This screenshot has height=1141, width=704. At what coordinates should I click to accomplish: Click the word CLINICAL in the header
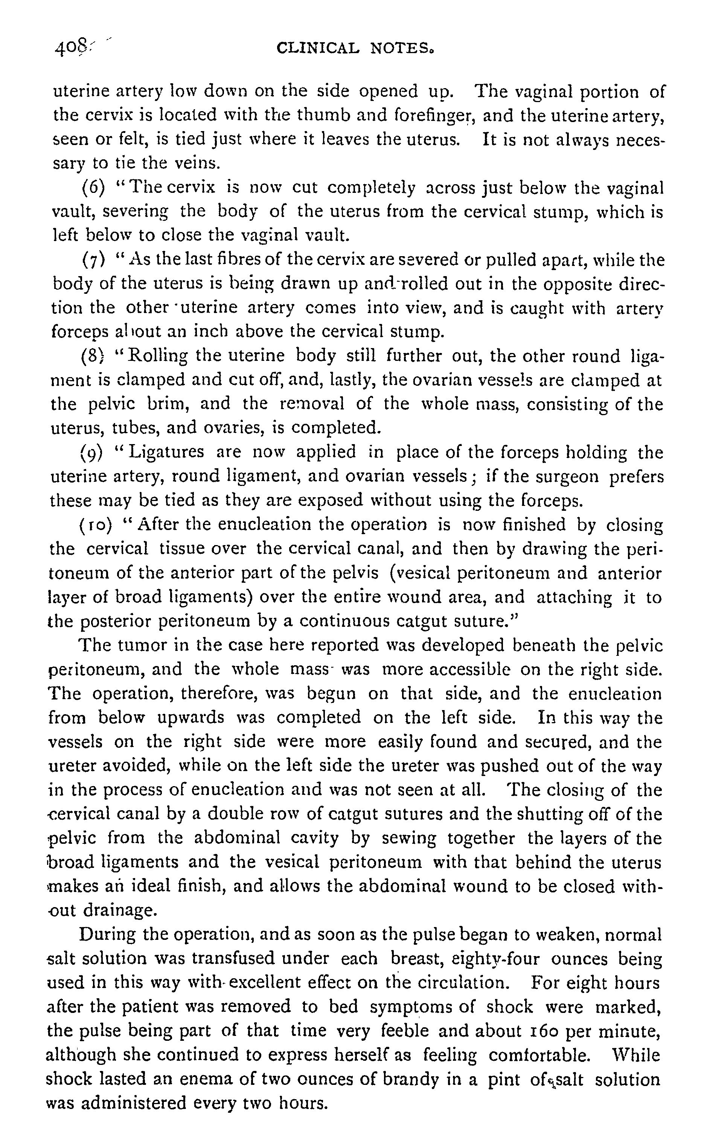(318, 48)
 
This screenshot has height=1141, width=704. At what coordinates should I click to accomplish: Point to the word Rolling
(158, 356)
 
